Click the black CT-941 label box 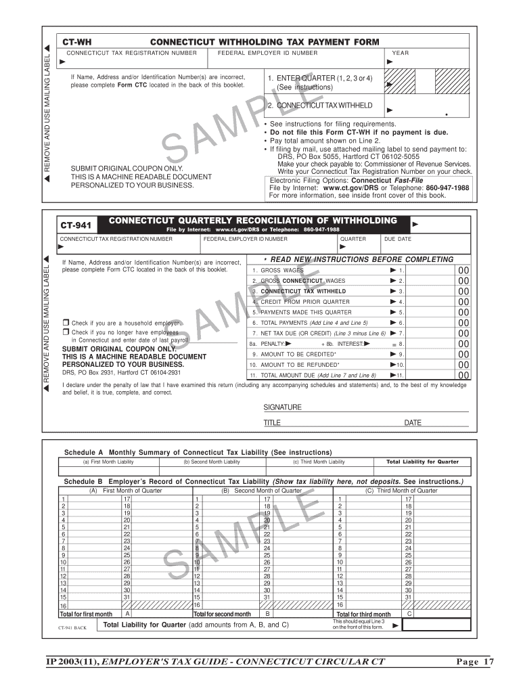78,222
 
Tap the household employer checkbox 66,323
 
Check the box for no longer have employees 66,332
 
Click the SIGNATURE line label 282,407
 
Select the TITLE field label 272,423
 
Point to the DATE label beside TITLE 413,423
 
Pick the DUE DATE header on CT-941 397,239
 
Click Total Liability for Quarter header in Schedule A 422,462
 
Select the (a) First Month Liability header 108,462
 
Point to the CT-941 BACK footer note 72,627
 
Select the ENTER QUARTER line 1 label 319,79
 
